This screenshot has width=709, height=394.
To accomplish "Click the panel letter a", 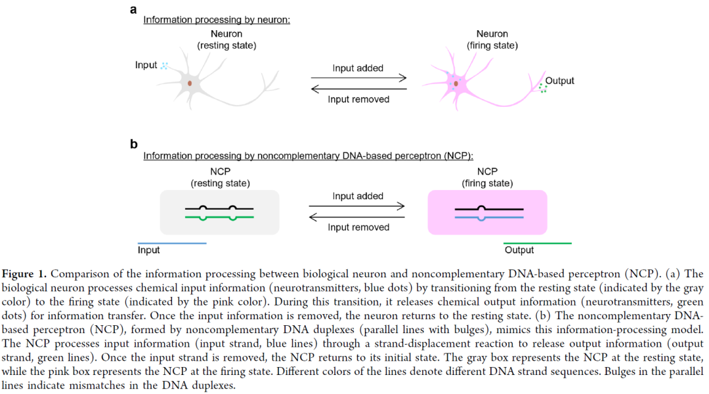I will tap(134, 9).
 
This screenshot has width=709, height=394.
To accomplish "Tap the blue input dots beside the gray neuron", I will tap(164, 66).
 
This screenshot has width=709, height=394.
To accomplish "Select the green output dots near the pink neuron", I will tap(542, 88).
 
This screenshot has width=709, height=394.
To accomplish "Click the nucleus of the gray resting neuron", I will tap(190, 83).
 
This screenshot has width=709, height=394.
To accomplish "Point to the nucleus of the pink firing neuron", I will tap(454, 83).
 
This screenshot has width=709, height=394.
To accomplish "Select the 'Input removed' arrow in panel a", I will tap(358, 89).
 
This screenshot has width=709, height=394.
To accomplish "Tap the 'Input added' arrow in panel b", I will tap(358, 207).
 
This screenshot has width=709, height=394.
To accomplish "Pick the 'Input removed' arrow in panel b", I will tap(358, 216).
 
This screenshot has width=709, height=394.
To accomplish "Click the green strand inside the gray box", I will tap(219, 216).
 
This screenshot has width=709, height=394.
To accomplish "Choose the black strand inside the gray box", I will tap(219, 208).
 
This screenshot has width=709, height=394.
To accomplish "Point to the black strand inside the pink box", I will tap(489, 209).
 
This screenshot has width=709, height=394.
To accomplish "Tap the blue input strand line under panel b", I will tap(172, 243).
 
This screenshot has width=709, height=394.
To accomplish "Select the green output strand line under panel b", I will tap(537, 243).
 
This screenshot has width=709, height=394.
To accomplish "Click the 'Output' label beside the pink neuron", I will tap(559, 81).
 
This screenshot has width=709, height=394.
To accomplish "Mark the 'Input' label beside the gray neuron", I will tap(146, 65).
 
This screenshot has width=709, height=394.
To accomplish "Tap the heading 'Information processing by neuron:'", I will tap(217, 20).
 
